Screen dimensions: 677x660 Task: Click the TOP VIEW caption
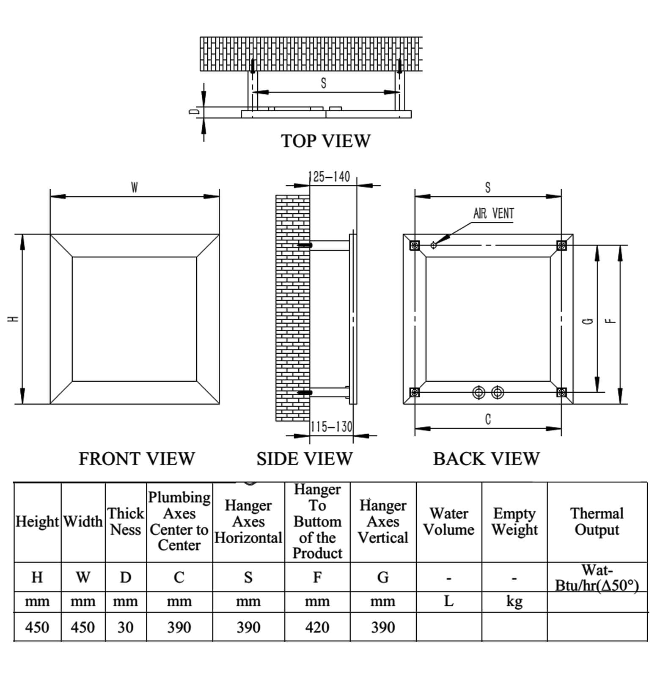point(326,141)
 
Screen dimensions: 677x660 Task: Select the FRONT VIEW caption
point(137,459)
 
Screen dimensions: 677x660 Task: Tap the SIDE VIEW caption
point(304,459)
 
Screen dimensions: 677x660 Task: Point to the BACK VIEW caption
point(486,459)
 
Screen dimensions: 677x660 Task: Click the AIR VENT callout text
point(493,213)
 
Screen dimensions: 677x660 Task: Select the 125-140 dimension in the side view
point(330,176)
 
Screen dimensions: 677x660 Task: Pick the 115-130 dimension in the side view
point(331,427)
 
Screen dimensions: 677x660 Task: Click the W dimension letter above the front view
point(134,187)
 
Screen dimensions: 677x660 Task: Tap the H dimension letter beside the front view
point(14,319)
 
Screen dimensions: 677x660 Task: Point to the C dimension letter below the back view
point(488,419)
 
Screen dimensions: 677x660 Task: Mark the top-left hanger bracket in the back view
point(415,245)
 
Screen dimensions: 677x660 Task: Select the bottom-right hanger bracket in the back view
point(561,392)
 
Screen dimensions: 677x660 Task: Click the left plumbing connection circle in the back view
point(478,393)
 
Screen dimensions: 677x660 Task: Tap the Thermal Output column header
point(597,521)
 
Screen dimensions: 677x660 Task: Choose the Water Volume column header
point(448,521)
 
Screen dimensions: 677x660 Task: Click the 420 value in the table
point(317,627)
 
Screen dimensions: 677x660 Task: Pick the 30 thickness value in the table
point(125,627)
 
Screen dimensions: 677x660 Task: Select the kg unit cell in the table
point(514,601)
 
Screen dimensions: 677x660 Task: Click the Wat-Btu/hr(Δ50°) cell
point(597,578)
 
